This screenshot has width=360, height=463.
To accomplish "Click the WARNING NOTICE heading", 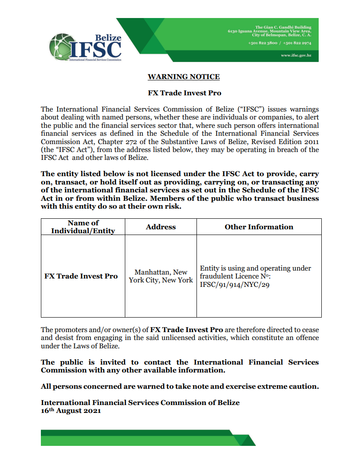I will pos(183,77).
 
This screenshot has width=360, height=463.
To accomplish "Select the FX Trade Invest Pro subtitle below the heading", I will pos(184,93).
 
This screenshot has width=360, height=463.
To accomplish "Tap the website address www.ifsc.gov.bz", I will pos(296,56).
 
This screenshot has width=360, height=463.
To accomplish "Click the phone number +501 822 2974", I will pos(298,43).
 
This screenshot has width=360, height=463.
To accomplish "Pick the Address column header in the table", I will pos(160,227).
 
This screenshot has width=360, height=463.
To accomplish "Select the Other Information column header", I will pos(258,227).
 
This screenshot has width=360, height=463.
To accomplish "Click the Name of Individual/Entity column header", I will pos(83,227).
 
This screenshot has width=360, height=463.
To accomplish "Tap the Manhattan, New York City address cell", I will pos(160,276).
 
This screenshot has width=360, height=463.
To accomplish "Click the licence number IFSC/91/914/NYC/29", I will pos(235,285).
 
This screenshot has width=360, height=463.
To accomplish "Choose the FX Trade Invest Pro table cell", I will pos(81,276).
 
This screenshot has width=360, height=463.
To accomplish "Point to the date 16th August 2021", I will pos(71,411).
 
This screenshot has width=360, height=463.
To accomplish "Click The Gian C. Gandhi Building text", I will pos(284,27).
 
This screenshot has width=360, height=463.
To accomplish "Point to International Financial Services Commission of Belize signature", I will pos(140,402).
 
